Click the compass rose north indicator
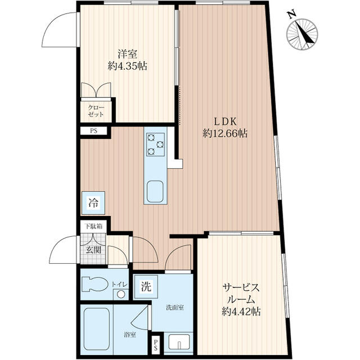click(x=303, y=34)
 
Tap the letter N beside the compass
click(x=292, y=15)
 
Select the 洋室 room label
click(x=128, y=54)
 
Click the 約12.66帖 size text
click(x=225, y=133)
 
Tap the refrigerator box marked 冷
click(x=93, y=203)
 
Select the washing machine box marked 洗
click(x=146, y=287)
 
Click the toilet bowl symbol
click(x=95, y=285)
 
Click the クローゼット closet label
click(x=96, y=111)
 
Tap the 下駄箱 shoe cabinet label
click(x=93, y=226)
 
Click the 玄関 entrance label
click(x=93, y=250)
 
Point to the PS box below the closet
click(x=94, y=131)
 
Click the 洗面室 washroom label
click(x=175, y=308)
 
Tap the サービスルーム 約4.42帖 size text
click(x=241, y=312)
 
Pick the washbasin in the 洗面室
click(x=179, y=342)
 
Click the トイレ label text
click(x=119, y=285)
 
